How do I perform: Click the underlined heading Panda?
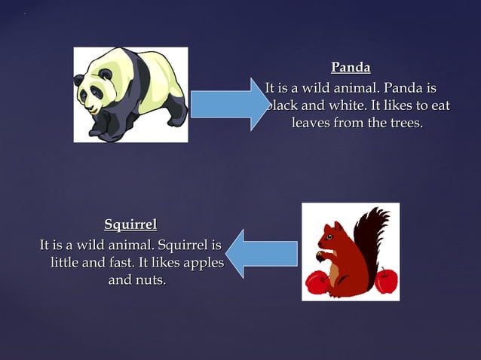[x=351, y=68]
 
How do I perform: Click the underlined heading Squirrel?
[x=130, y=224]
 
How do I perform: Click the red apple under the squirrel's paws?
[x=317, y=282]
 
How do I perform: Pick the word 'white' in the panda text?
[x=338, y=105]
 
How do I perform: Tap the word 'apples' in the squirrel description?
[x=201, y=262]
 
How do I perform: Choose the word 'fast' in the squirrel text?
[x=118, y=262]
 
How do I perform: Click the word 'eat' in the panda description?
[x=439, y=105]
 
